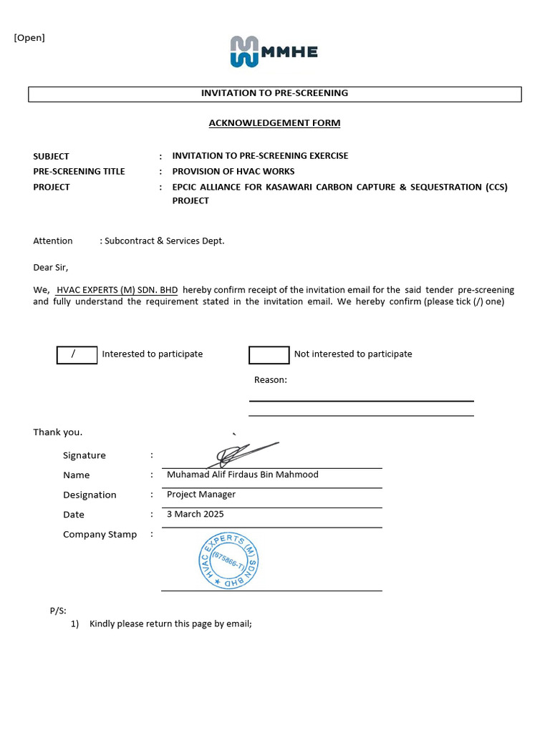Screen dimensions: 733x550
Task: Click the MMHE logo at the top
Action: tap(274, 52)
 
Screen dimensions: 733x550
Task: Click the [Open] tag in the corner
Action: tap(29, 38)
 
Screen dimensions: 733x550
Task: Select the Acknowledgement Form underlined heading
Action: tap(274, 123)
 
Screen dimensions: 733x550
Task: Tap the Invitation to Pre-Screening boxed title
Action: tap(274, 93)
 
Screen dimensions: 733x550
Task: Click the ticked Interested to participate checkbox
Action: tap(77, 354)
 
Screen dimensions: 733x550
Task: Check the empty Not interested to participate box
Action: tap(269, 354)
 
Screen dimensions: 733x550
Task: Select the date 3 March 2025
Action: tap(195, 514)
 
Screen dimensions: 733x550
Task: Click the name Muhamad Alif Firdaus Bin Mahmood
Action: tap(242, 475)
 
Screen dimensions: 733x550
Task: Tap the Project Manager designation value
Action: tap(201, 495)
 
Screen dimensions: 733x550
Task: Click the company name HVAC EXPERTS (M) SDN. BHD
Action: tap(117, 290)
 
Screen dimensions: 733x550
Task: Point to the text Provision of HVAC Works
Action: tap(233, 172)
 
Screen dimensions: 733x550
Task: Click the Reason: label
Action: tap(270, 380)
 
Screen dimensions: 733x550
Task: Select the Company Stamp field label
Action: tap(100, 535)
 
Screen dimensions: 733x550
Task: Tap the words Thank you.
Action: tap(57, 432)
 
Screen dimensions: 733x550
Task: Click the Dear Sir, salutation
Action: tap(50, 268)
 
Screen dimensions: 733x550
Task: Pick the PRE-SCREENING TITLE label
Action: tap(79, 172)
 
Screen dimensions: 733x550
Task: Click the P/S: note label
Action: tap(58, 611)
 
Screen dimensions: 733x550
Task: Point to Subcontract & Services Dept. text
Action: tap(164, 241)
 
